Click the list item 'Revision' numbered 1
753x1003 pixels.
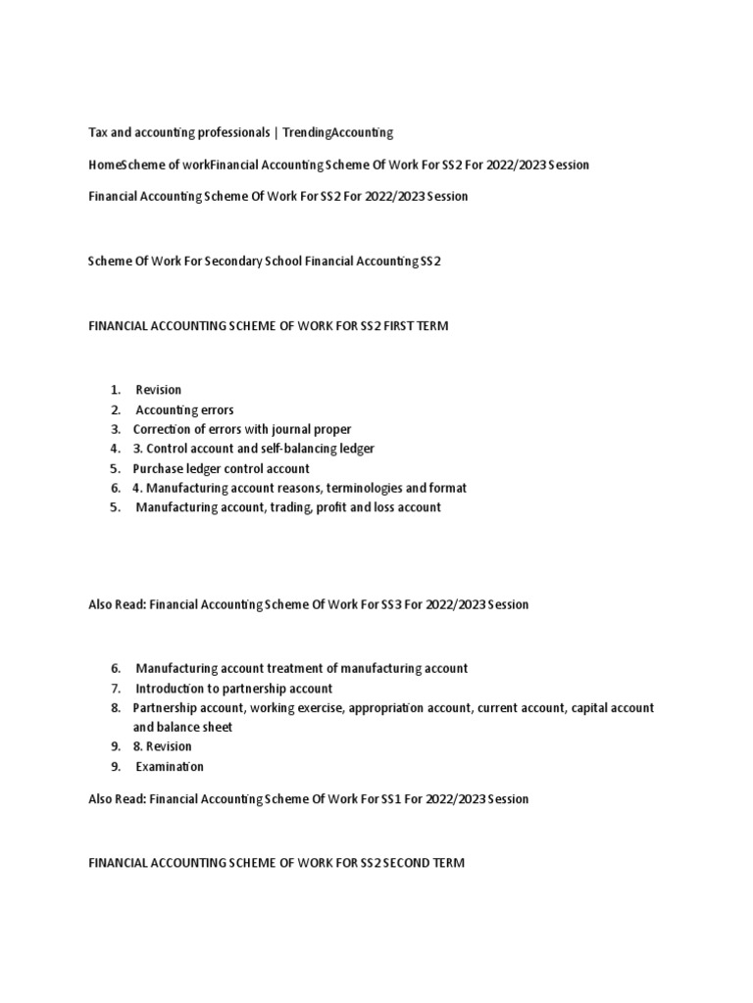tap(158, 390)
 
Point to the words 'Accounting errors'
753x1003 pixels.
tap(184, 409)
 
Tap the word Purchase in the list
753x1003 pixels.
tap(157, 468)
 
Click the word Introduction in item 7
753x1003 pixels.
tap(172, 689)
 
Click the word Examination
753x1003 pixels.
tap(169, 767)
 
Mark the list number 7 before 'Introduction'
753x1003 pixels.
tap(115, 689)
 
